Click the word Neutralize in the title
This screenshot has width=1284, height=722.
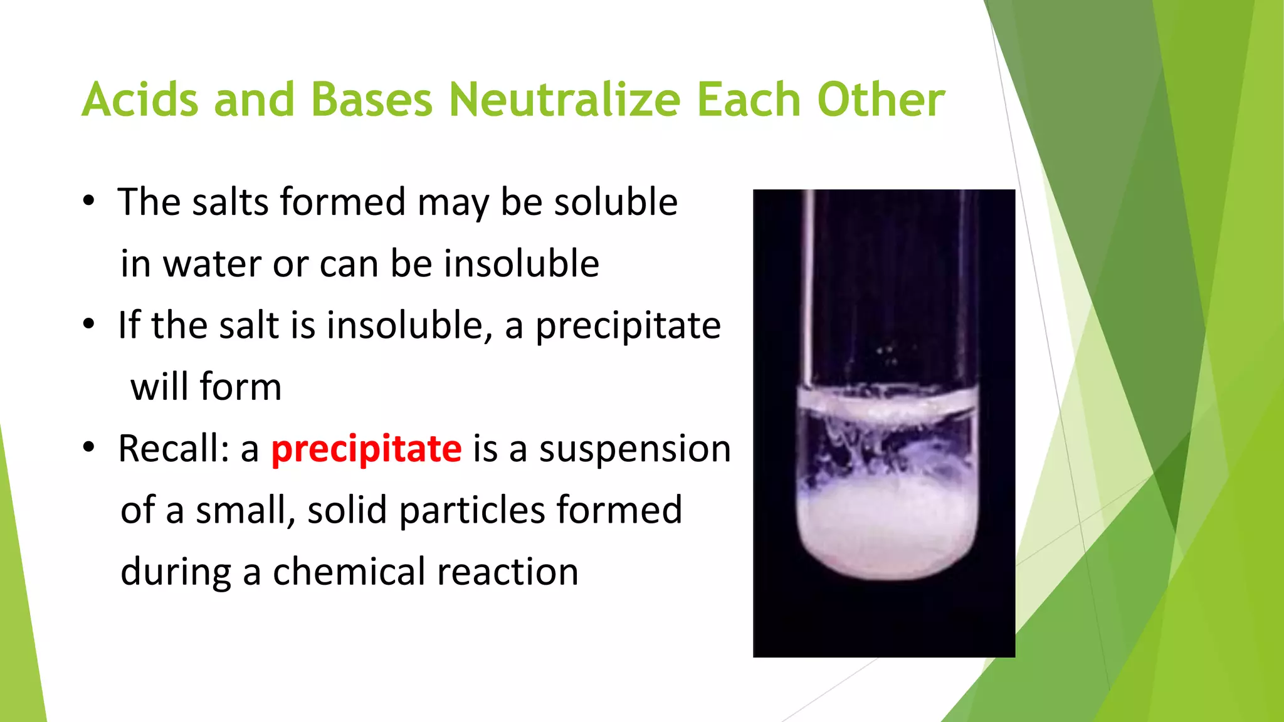tap(564, 100)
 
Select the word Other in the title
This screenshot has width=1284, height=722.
tap(881, 100)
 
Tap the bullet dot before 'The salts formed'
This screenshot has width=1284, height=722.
tap(89, 202)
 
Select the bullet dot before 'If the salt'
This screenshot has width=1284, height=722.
tap(89, 325)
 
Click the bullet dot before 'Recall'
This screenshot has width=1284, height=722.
tap(89, 447)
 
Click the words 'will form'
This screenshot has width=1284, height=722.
tap(206, 387)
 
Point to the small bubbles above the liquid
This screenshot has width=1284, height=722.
tap(889, 355)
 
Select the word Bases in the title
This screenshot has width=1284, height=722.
tap(371, 100)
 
